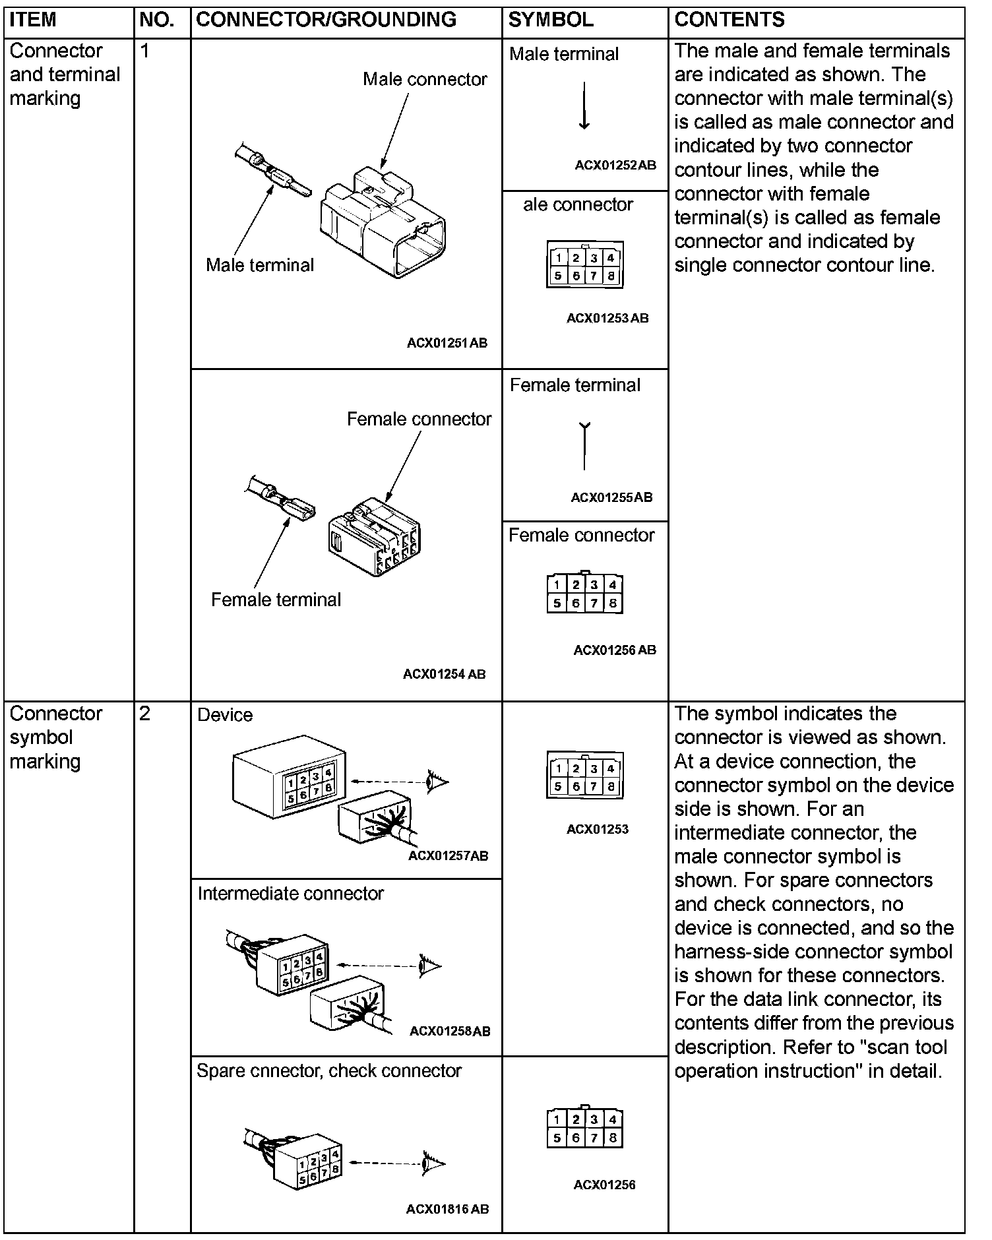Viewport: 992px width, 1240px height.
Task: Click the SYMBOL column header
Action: pyautogui.click(x=550, y=20)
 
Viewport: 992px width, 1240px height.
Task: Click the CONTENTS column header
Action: pyautogui.click(x=729, y=20)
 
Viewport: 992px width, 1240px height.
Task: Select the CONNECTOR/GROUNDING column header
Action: pyautogui.click(x=326, y=20)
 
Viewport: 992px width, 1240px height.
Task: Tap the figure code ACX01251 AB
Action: pyautogui.click(x=447, y=343)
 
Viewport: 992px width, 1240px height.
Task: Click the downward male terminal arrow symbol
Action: pyautogui.click(x=584, y=106)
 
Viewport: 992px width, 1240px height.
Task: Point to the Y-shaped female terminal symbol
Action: pyautogui.click(x=584, y=446)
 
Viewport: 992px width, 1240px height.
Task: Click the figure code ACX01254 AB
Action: pyautogui.click(x=444, y=674)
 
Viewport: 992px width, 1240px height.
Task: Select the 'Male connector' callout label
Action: pyautogui.click(x=425, y=79)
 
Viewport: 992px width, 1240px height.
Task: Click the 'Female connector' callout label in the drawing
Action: pyautogui.click(x=419, y=419)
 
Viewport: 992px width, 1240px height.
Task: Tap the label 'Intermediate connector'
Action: pyautogui.click(x=290, y=894)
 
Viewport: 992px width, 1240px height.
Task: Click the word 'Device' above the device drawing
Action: pyautogui.click(x=225, y=715)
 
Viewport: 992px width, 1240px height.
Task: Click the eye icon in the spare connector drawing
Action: pyautogui.click(x=433, y=1163)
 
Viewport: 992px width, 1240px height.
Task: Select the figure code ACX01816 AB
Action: pyautogui.click(x=447, y=1209)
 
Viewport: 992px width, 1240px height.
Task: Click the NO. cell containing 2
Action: pyautogui.click(x=146, y=714)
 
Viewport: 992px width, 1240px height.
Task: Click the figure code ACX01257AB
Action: pyautogui.click(x=448, y=856)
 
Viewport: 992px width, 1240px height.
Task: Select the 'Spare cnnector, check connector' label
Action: pyautogui.click(x=328, y=1071)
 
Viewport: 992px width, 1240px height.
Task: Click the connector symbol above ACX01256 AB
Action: pyautogui.click(x=585, y=593)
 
